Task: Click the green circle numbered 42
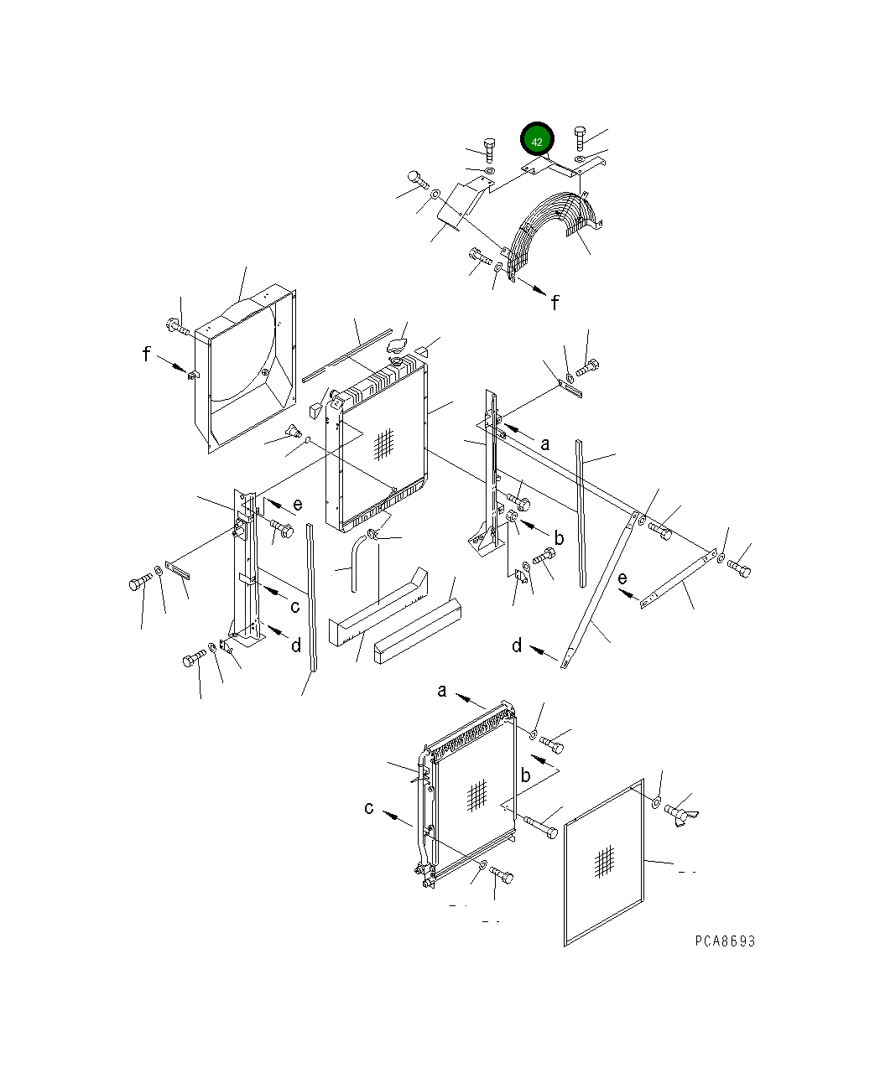tap(537, 141)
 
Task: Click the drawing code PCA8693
tap(725, 941)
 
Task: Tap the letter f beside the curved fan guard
tap(555, 302)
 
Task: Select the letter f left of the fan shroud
tap(148, 355)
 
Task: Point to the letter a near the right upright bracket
tap(544, 443)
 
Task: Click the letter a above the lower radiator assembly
tap(442, 692)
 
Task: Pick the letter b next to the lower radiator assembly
tap(525, 775)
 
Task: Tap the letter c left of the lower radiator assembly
tap(369, 808)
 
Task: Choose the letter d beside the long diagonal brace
tap(518, 645)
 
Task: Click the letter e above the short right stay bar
tap(622, 578)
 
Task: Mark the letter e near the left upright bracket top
tap(297, 505)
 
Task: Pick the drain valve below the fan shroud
tap(294, 433)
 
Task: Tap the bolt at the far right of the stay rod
tap(739, 568)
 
